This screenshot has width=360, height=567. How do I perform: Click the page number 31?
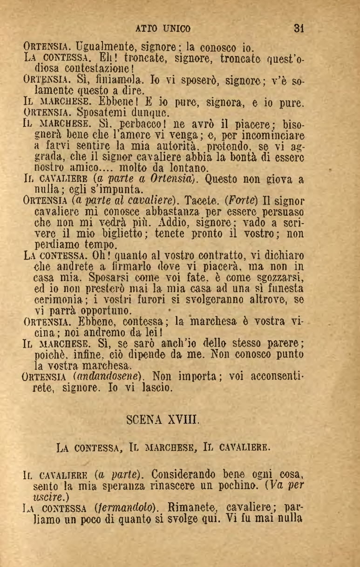[299, 28]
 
